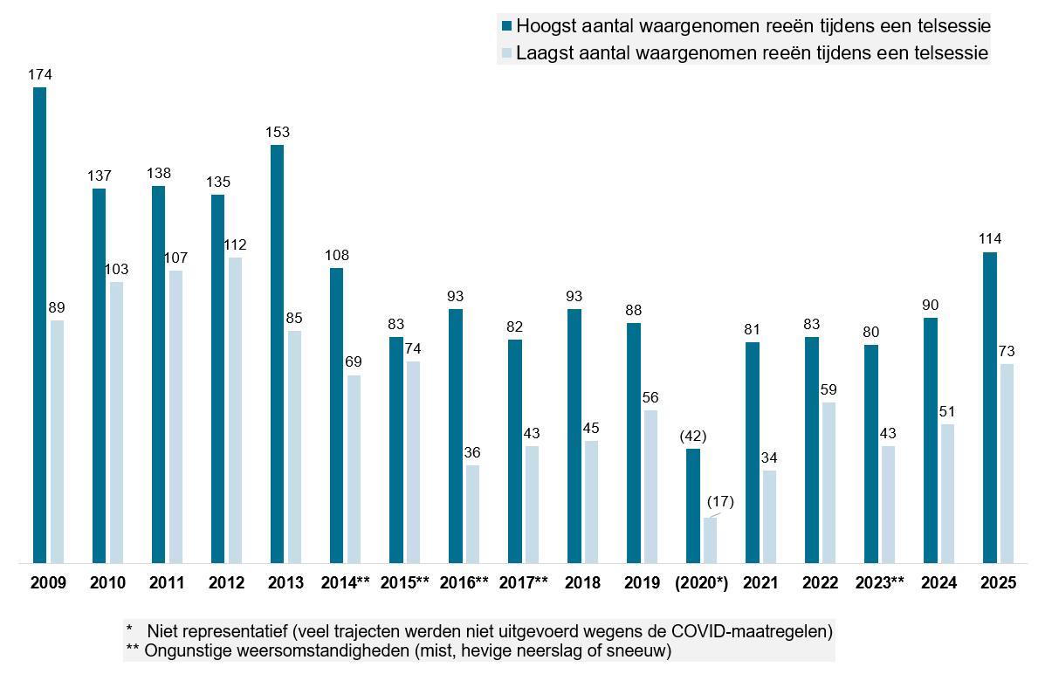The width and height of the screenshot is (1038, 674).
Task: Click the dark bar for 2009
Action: [39, 325]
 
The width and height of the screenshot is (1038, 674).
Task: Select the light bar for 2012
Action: [235, 410]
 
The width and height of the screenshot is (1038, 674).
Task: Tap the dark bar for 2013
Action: [278, 354]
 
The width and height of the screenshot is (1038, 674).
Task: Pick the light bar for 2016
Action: [472, 514]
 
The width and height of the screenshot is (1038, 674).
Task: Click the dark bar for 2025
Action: [990, 408]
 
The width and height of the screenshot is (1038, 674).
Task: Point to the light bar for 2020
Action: [710, 540]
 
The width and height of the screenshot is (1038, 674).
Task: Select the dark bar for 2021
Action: [752, 453]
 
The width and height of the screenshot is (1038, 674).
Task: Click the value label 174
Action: [39, 75]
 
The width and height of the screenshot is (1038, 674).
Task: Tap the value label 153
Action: [278, 133]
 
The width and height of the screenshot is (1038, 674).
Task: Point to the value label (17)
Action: [720, 502]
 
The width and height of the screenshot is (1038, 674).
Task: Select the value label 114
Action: [990, 239]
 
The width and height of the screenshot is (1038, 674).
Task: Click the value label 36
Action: [472, 453]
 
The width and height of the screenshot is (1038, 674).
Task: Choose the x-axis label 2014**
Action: [346, 582]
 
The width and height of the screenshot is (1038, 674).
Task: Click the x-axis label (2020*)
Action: [702, 583]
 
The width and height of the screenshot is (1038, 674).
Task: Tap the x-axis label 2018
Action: [582, 582]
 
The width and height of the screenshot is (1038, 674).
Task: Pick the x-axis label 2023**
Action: [880, 582]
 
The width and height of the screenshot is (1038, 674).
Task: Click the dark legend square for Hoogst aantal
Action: [507, 26]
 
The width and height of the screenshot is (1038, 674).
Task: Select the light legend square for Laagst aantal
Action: [507, 53]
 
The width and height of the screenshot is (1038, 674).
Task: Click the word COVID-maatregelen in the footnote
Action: [749, 630]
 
